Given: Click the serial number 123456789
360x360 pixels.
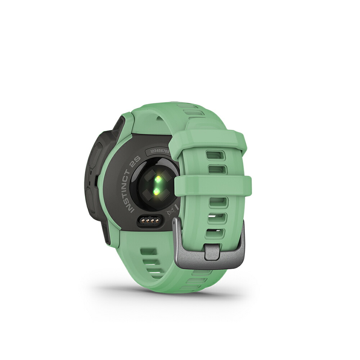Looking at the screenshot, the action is pos(159,152).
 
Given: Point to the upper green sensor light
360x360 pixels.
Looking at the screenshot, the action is pos(158,180).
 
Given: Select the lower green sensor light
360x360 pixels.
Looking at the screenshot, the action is pos(156,191).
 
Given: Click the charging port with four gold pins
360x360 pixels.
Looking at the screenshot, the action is pos(149,221).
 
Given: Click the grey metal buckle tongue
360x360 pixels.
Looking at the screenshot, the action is pos(212,252).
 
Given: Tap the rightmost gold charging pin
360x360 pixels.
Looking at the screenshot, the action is pos(157,221).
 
